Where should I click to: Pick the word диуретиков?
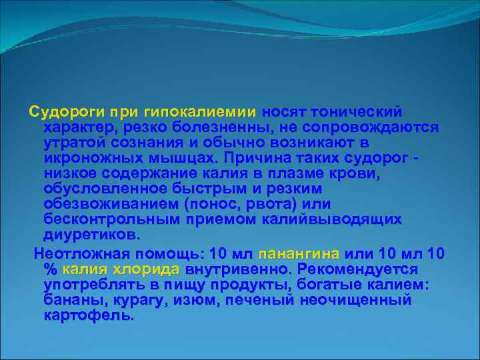pyautogui.click(x=90, y=235)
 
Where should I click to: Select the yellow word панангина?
pyautogui.click(x=299, y=254)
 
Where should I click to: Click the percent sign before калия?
pyautogui.click(x=50, y=269)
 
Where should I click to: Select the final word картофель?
pyautogui.click(x=88, y=316)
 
